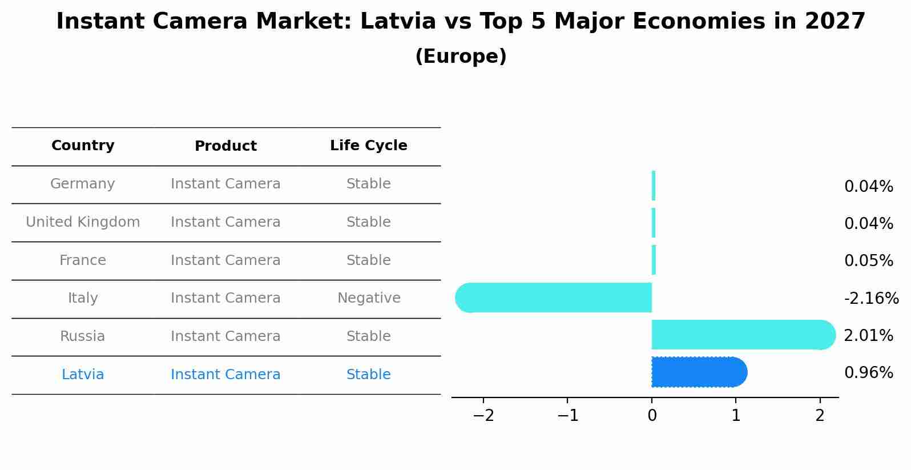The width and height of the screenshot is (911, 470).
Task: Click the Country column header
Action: pos(83,146)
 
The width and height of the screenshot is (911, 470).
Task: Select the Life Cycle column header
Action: pos(368,146)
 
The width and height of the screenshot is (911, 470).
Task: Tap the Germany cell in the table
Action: pos(83,184)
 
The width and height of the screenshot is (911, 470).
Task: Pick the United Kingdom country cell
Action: pos(83,222)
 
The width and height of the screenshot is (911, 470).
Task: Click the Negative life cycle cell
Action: pos(369,298)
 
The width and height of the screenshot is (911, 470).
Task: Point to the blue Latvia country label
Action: pos(83,375)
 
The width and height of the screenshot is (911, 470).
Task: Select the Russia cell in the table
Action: pos(83,336)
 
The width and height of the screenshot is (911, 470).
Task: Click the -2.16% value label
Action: pos(871,299)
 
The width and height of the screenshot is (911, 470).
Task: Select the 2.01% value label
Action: pos(868,336)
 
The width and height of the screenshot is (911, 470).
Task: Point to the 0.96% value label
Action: pos(868,373)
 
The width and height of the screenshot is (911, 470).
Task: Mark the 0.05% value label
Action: pos(868,261)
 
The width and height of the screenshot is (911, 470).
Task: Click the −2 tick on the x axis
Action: pos(483,416)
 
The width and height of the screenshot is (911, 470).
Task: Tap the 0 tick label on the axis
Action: pos(652,416)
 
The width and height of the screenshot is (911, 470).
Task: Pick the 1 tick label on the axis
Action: pos(736,416)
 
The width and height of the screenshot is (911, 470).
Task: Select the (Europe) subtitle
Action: pos(461,57)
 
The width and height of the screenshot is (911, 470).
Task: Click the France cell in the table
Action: pos(83,260)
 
